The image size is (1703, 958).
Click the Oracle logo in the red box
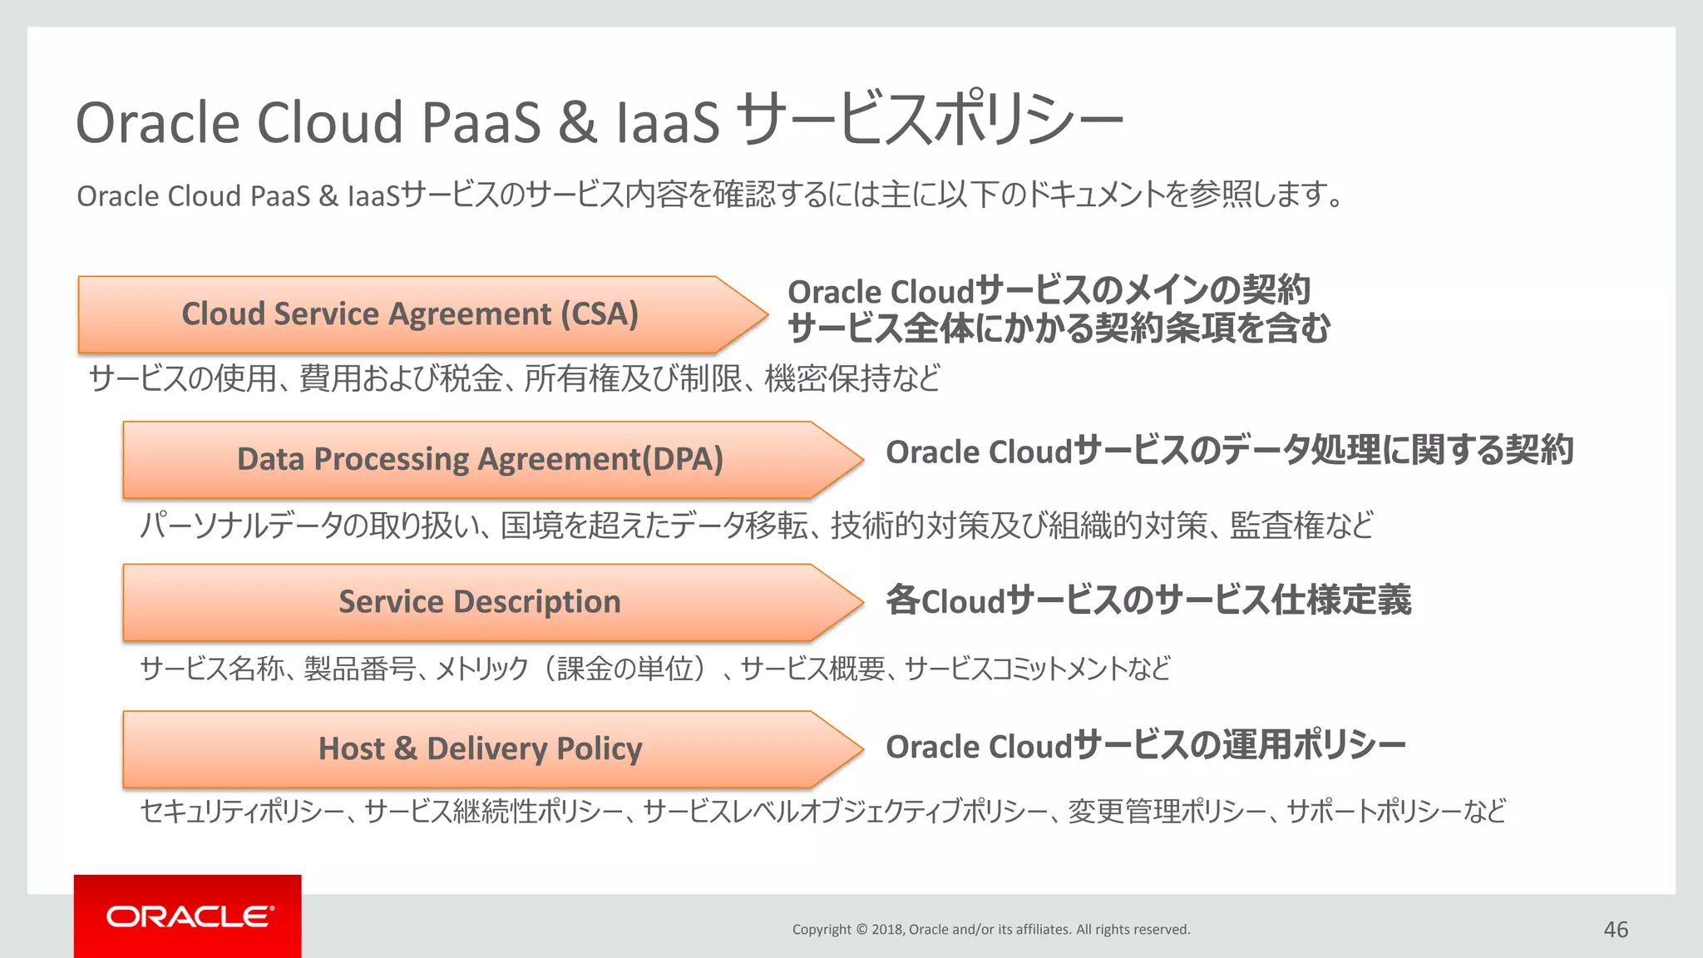tap(189, 916)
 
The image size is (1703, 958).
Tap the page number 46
tap(1615, 930)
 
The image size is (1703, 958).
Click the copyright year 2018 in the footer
tap(887, 930)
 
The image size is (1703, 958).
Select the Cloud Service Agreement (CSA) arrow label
tap(410, 314)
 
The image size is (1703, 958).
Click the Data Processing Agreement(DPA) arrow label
tap(480, 459)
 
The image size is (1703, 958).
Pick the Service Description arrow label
tap(479, 602)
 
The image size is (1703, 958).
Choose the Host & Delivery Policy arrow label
tap(480, 748)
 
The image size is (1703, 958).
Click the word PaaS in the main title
tap(481, 123)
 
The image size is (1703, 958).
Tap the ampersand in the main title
tap(577, 123)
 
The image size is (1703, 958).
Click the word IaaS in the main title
tap(667, 123)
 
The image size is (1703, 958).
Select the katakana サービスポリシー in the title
tap(930, 121)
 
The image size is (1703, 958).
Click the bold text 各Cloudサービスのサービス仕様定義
tap(1148, 600)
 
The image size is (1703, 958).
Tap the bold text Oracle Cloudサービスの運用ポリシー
tap(1145, 746)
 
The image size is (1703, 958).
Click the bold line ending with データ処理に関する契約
tap(1229, 451)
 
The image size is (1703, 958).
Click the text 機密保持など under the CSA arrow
tap(851, 378)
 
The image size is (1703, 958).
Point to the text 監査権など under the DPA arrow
tap(1301, 525)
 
